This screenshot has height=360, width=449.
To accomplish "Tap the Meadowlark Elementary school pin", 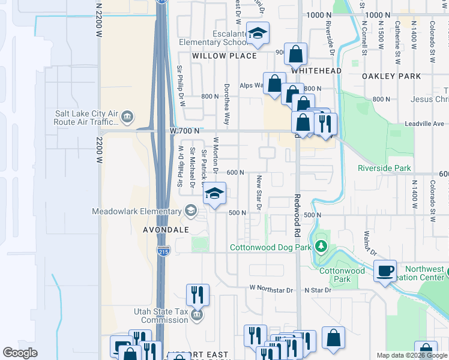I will [190, 210].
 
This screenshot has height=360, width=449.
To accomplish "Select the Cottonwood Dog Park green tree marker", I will [322, 247].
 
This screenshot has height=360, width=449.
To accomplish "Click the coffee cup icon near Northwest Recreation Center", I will [385, 270].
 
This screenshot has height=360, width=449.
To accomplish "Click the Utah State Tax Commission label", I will [160, 316].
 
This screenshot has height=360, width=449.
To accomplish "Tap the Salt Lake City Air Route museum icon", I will [127, 117].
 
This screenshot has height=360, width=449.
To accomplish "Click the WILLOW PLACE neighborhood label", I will [224, 56].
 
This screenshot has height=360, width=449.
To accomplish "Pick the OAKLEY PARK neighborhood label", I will [391, 76].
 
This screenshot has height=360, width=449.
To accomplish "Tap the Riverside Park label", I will [384, 168].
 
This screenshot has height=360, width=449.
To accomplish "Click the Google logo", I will [20, 352].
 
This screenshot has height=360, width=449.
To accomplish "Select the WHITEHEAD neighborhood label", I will [316, 70].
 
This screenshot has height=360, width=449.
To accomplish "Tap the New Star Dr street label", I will [259, 192].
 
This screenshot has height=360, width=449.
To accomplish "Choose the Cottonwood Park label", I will [342, 275].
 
